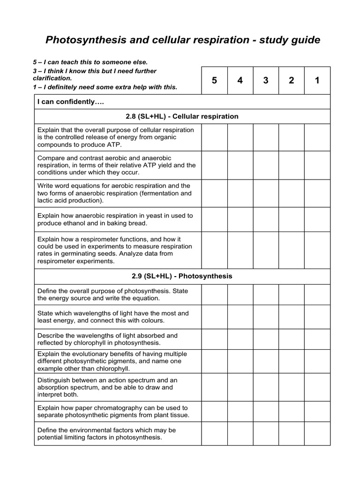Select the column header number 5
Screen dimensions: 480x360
pos(214,81)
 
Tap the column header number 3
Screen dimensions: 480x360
pos(266,81)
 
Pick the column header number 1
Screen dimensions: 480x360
pos(317,81)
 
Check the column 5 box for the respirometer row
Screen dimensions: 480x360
pos(214,250)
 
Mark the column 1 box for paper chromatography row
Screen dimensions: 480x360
pos(317,412)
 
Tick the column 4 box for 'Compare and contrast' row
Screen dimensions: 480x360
pos(240,165)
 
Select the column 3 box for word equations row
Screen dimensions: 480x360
pos(266,193)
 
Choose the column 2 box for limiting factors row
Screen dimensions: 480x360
pos(291,434)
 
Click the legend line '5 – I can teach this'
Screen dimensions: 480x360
pos(90,62)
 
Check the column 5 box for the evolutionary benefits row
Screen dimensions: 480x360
pos(214,361)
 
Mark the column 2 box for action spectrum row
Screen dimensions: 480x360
pos(291,387)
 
